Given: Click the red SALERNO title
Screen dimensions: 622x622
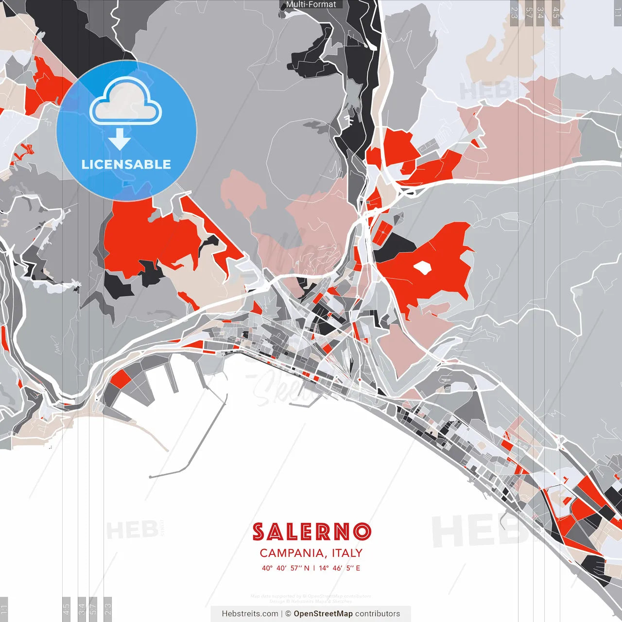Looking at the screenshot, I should [x=311, y=532].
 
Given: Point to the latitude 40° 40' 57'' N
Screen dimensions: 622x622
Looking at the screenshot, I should [x=285, y=568].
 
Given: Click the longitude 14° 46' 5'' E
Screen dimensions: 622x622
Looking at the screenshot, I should [x=339, y=568].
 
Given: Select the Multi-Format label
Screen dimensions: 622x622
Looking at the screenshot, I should [x=311, y=4].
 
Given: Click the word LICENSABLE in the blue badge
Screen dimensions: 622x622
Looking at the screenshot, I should [x=126, y=164].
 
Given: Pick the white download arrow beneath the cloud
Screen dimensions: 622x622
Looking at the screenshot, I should [x=120, y=140].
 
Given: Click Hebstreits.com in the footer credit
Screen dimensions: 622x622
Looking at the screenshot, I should [x=250, y=614].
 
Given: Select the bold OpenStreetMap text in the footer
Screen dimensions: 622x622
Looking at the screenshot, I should [x=323, y=614].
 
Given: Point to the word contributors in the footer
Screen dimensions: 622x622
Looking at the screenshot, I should [x=378, y=614].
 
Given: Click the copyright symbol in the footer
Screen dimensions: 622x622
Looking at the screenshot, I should [x=288, y=614].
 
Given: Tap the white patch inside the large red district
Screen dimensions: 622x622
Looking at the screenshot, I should [x=422, y=267].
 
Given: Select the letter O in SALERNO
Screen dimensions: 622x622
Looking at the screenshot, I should [x=362, y=532].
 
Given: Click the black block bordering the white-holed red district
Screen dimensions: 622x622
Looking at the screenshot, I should [x=393, y=246].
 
